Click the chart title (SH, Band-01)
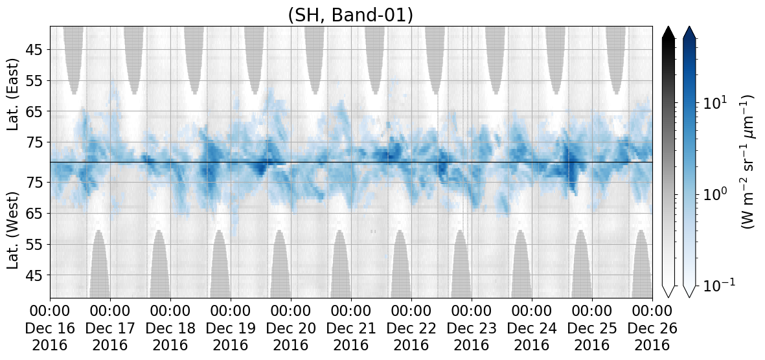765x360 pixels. coord(351,15)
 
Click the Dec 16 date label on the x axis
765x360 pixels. coord(51,328)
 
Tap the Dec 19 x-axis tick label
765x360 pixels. coord(231,328)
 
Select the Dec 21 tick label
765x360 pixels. coord(351,328)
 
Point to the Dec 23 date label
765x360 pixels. coord(472,328)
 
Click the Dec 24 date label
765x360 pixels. coord(532,328)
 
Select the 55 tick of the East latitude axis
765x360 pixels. coord(36,80)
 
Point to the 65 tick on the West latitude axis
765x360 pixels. coord(36,213)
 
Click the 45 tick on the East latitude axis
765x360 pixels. coord(36,50)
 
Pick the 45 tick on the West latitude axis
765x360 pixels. coord(36,275)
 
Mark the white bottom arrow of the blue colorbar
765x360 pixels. coord(690,291)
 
